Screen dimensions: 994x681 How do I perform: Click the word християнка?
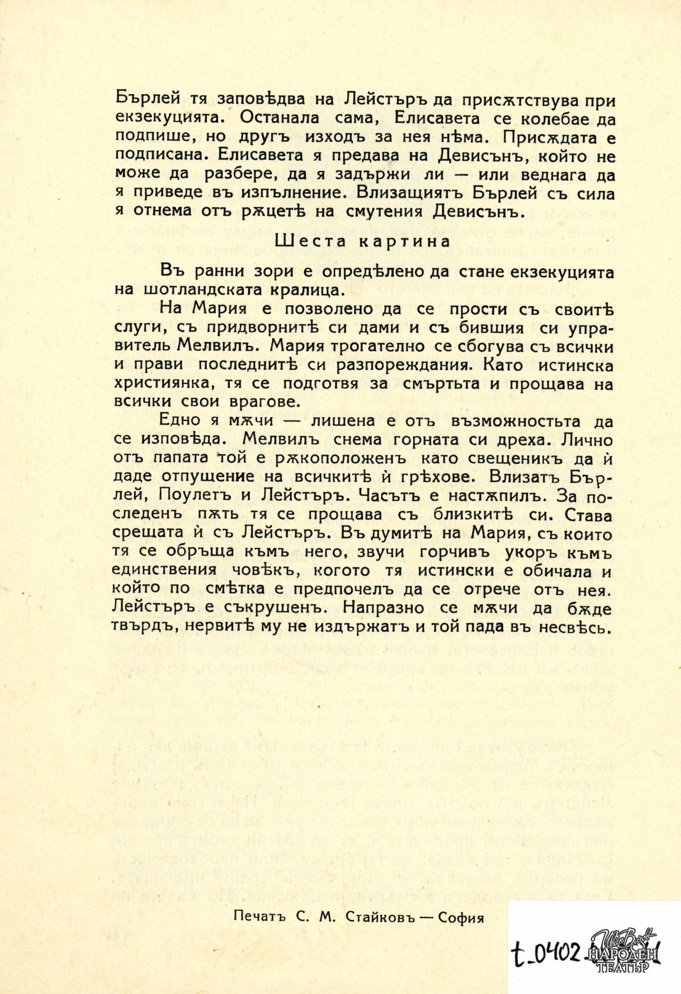(156, 383)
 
